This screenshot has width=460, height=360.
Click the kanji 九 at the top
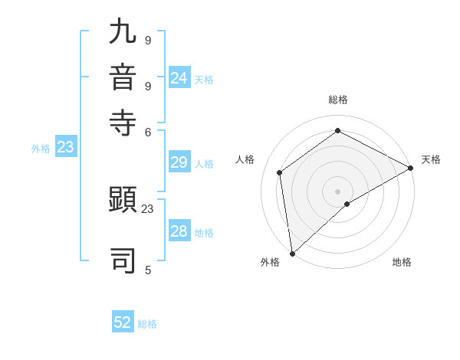pyautogui.click(x=123, y=33)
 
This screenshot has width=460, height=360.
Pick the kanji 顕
pyautogui.click(x=123, y=201)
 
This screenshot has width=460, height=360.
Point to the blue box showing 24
pyautogui.click(x=179, y=78)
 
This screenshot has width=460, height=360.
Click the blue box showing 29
pyautogui.click(x=179, y=163)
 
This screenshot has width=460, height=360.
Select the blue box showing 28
pyautogui.click(x=179, y=232)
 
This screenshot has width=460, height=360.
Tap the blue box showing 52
pyautogui.click(x=123, y=322)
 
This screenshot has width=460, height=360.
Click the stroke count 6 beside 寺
pyautogui.click(x=148, y=132)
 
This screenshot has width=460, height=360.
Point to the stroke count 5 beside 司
pyautogui.click(x=148, y=270)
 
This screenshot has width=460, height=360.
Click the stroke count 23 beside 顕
pyautogui.click(x=148, y=208)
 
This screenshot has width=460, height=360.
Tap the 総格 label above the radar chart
pyautogui.click(x=338, y=100)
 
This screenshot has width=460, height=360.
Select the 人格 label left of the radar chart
pyautogui.click(x=245, y=159)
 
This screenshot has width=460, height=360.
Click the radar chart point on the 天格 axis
pyautogui.click(x=411, y=169)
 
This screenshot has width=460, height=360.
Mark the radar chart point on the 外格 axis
pyautogui.click(x=292, y=253)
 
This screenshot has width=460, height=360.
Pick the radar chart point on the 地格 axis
pyautogui.click(x=347, y=204)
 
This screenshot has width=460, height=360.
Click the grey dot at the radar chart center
pyautogui.click(x=338, y=191)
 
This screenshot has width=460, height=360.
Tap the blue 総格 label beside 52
pyautogui.click(x=147, y=323)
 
